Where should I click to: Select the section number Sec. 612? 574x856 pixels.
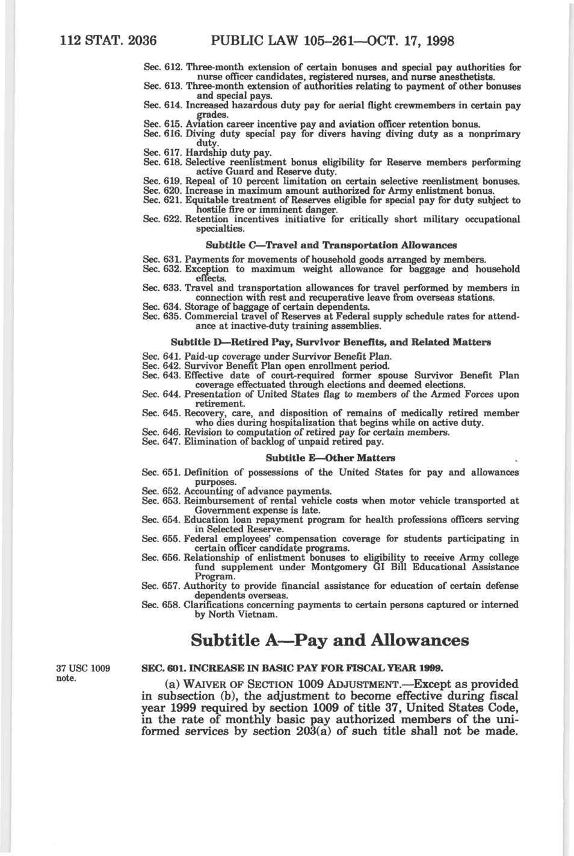click(163, 67)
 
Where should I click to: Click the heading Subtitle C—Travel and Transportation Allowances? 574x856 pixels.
click(331, 245)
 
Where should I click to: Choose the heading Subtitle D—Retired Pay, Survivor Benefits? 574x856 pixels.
click(331, 342)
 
